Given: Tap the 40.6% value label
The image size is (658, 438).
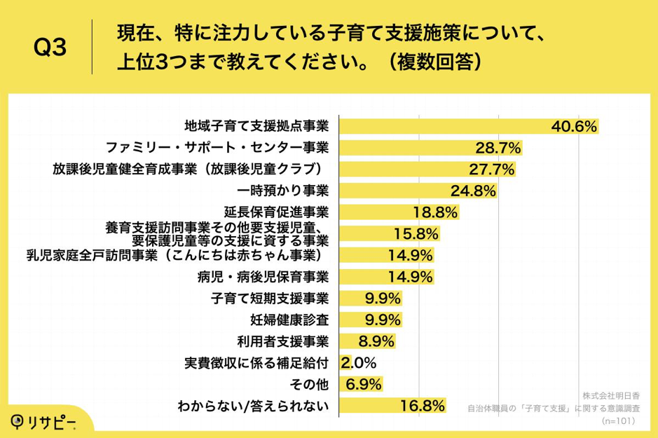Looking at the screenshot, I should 573,126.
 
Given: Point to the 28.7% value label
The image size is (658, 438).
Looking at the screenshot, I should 496,148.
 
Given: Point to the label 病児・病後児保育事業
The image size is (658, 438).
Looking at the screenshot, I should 263,277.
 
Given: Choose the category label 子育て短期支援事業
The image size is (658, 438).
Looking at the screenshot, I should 270,298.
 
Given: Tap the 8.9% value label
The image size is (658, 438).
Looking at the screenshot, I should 376,341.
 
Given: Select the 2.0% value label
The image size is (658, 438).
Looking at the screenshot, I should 359,363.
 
